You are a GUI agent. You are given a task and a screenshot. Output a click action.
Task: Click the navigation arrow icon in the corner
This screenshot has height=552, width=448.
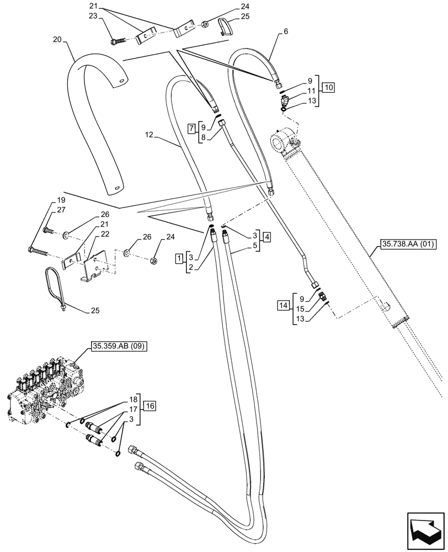(426, 531)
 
